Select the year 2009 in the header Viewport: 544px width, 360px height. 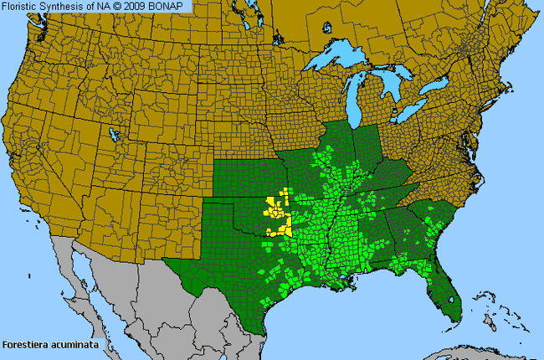click(x=138, y=6)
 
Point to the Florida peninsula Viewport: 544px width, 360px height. click(x=448, y=289)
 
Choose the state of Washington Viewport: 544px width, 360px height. click(x=63, y=42)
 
